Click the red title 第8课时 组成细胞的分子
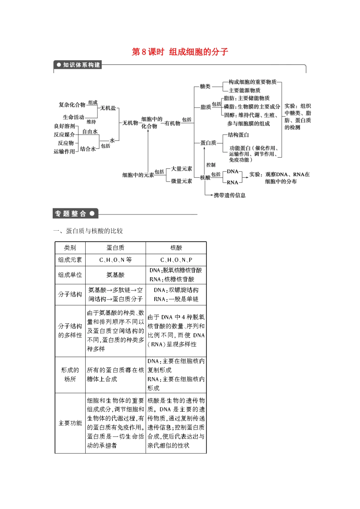click(180, 52)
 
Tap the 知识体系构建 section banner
click(78, 65)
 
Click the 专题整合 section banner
click(75, 214)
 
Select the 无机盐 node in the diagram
click(108, 108)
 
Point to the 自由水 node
click(90, 131)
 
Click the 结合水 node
click(88, 149)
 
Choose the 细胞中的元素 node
click(138, 175)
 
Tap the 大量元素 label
click(182, 169)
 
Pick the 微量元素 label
click(182, 181)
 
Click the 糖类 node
click(205, 87)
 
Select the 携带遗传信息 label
click(230, 195)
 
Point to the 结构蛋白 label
click(238, 135)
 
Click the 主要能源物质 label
click(244, 90)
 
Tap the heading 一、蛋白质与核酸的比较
click(88, 231)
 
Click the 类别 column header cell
click(70, 248)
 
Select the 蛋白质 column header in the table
click(116, 248)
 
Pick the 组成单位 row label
click(70, 275)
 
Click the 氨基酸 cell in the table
click(116, 275)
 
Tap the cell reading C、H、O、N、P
click(176, 260)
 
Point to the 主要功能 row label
click(70, 423)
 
